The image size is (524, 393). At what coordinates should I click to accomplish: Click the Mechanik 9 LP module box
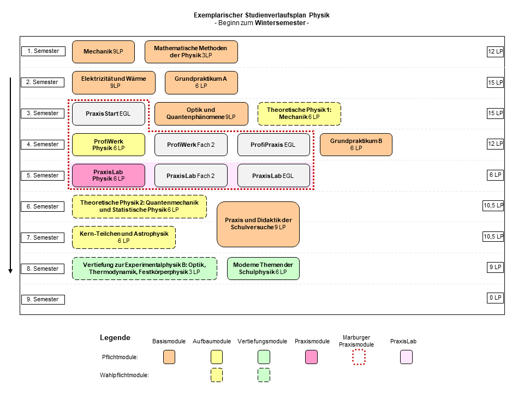(103, 52)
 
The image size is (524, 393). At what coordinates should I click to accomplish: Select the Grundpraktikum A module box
(201, 82)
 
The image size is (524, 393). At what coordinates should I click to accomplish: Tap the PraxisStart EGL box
(109, 114)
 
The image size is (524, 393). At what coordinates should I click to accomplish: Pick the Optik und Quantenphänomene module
(201, 114)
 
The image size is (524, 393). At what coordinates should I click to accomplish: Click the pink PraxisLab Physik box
(109, 175)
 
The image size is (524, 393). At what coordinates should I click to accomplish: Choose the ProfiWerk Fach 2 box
(191, 145)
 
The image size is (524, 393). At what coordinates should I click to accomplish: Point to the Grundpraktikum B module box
(356, 145)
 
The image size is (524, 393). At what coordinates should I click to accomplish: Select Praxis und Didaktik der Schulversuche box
(258, 224)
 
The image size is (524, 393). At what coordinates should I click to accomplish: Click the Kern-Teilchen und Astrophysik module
(124, 237)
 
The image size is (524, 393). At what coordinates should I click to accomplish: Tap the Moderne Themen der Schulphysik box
(263, 269)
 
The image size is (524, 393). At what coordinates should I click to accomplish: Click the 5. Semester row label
(43, 175)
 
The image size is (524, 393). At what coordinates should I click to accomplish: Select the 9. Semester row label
(43, 300)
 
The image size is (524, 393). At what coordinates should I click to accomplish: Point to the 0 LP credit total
(495, 298)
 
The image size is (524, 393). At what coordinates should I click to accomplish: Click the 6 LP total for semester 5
(495, 175)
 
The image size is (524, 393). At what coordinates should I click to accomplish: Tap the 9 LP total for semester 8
(495, 267)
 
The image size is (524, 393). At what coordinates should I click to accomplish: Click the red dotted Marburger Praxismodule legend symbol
(359, 357)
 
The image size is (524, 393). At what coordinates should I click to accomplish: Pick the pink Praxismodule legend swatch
(312, 357)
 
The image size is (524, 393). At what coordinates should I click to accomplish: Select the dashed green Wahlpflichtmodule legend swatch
(264, 375)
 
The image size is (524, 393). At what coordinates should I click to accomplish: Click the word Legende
(115, 337)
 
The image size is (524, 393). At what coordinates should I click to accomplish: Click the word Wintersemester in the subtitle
(280, 23)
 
